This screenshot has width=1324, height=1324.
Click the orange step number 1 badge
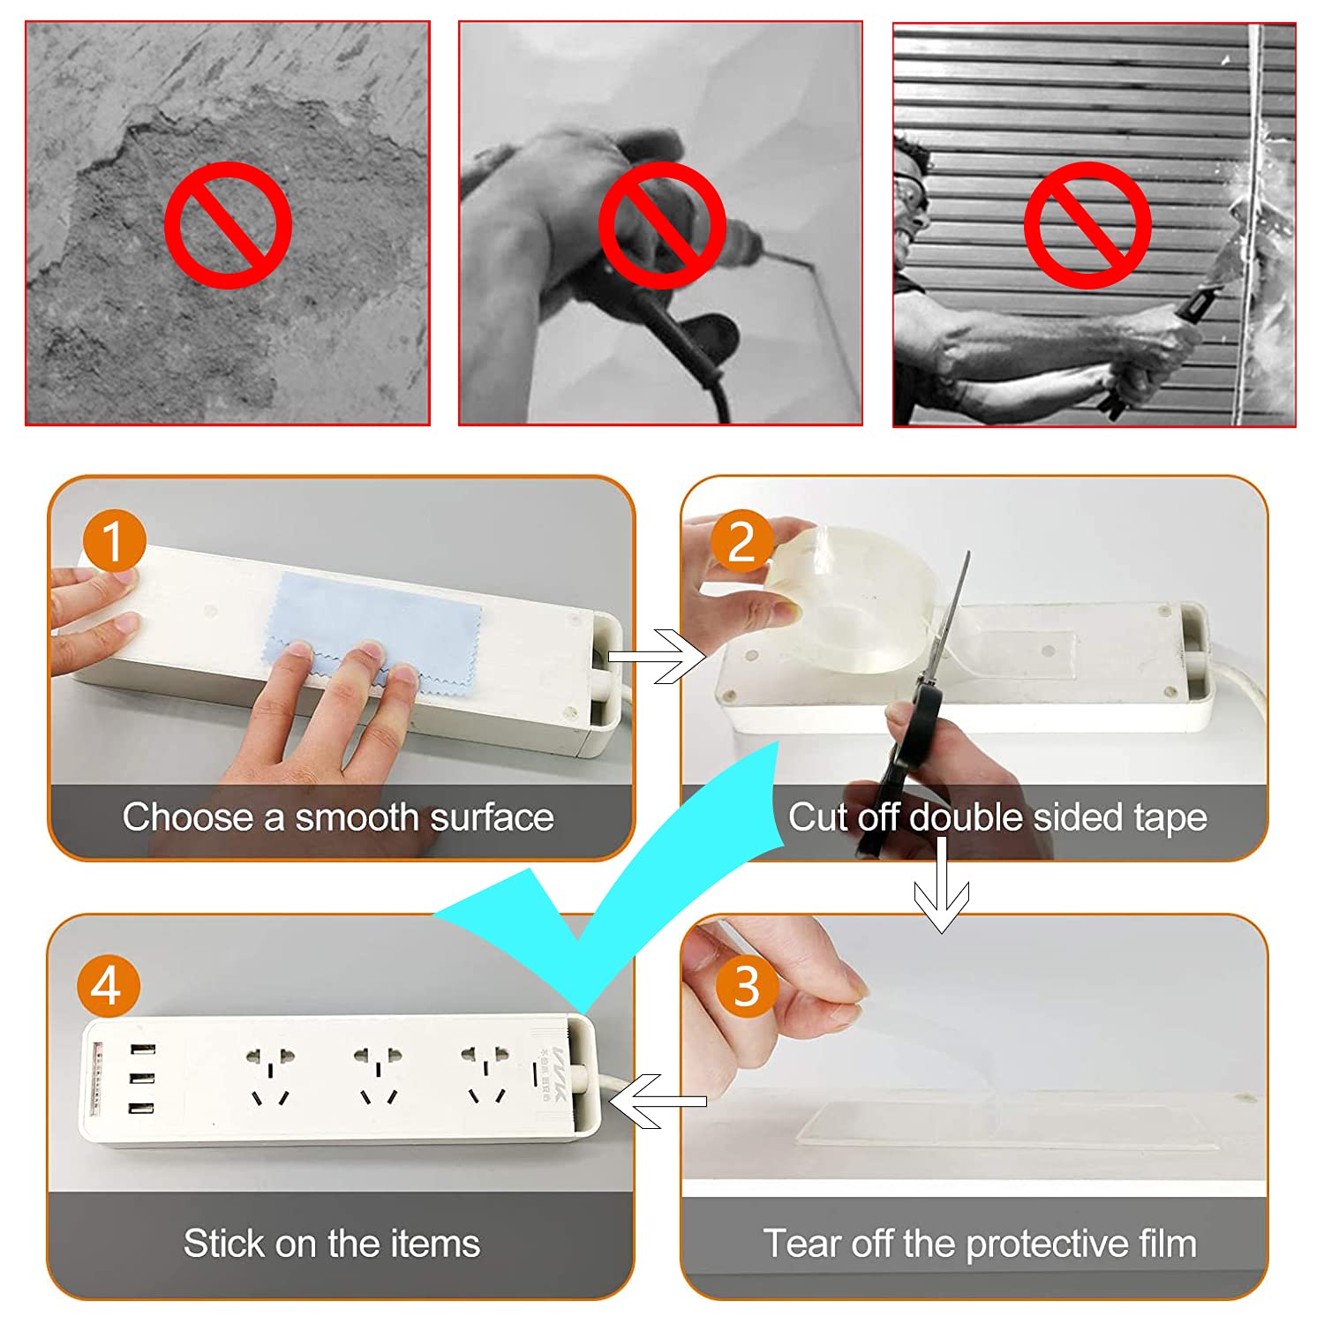114,540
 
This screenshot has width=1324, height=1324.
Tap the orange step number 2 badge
741,540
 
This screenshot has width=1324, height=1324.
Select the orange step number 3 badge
747,985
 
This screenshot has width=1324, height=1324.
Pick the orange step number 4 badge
108,985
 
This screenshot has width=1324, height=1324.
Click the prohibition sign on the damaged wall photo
228,224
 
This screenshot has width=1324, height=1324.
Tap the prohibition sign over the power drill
662,224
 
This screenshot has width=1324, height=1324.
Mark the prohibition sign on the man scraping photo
1087,224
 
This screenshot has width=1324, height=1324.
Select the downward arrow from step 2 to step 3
942,884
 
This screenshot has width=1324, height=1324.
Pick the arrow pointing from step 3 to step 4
658,1101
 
